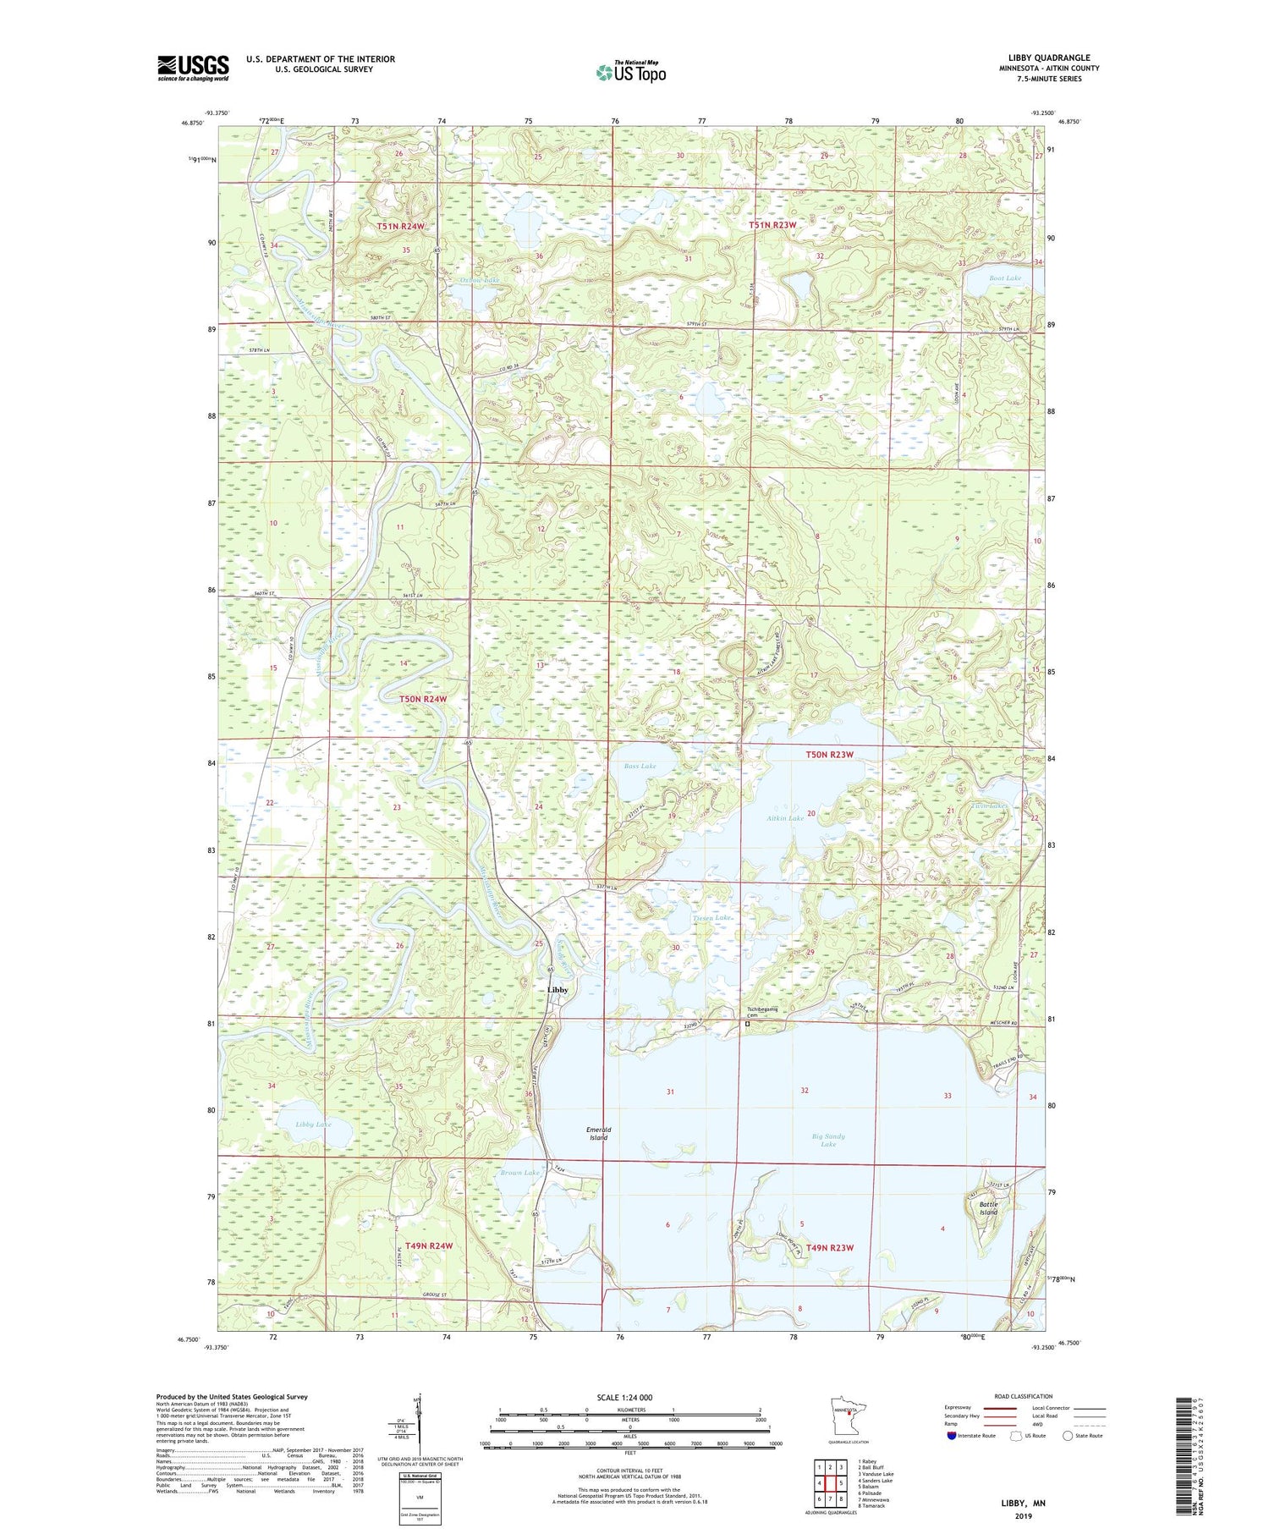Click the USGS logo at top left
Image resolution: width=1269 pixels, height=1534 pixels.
(193, 68)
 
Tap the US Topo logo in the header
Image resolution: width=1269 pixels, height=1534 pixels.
(630, 73)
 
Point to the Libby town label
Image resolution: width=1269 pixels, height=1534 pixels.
(558, 990)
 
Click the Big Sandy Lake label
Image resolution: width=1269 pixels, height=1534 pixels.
(827, 1140)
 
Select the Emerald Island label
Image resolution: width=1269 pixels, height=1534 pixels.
(598, 1134)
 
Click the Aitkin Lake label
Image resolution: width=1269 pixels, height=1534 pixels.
(785, 819)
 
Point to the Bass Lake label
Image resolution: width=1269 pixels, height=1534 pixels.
(640, 766)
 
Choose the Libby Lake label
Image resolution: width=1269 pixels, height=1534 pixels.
(313, 1124)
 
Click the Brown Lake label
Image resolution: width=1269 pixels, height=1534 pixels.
(519, 1173)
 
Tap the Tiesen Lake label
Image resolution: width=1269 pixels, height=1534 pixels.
(711, 917)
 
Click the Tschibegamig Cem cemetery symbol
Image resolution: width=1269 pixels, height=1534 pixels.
(747, 1023)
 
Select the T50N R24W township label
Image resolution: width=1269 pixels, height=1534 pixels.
(422, 699)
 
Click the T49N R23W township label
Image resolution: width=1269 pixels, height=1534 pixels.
(829, 1247)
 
